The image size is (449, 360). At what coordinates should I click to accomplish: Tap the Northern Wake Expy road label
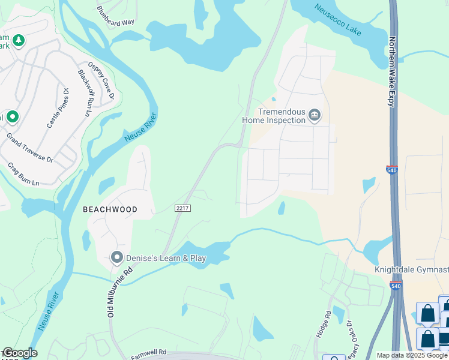click(392, 71)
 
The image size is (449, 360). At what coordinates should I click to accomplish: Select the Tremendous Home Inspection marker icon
click(315, 115)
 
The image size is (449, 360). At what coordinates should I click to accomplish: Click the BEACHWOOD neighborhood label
click(110, 209)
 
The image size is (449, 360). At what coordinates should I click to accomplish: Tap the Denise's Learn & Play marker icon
click(116, 258)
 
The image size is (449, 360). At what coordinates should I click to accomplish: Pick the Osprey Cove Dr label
click(101, 80)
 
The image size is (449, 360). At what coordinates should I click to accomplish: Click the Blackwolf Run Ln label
click(84, 93)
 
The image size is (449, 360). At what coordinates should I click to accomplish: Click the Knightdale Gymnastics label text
click(412, 270)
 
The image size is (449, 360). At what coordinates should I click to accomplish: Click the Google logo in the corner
click(19, 353)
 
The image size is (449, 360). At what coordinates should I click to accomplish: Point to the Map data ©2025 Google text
click(412, 355)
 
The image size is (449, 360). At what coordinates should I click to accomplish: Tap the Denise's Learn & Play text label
click(165, 258)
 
